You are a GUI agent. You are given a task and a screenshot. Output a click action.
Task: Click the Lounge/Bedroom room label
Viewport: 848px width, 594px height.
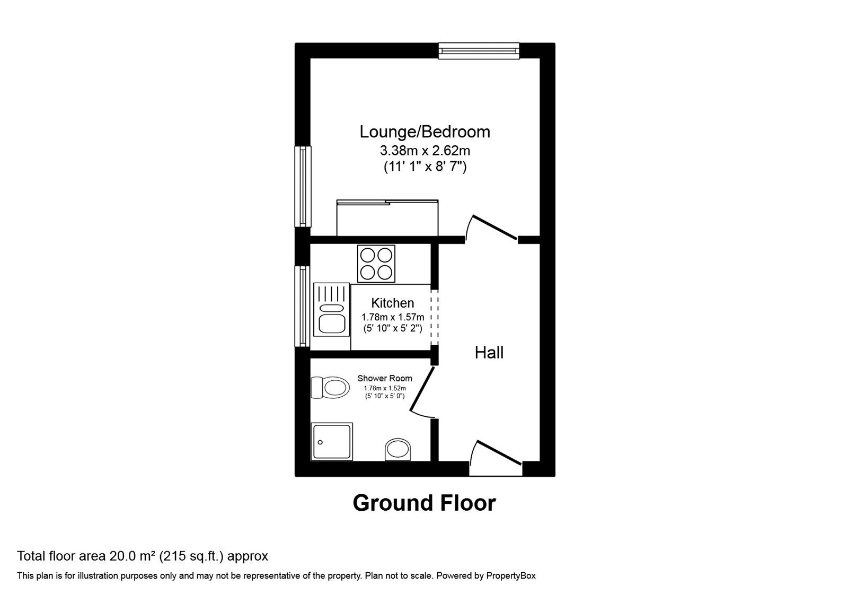click(x=425, y=132)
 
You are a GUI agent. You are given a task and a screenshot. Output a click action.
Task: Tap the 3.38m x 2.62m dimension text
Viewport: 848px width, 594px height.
click(x=425, y=151)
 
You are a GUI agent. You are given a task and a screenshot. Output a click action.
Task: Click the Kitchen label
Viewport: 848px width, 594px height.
click(x=392, y=303)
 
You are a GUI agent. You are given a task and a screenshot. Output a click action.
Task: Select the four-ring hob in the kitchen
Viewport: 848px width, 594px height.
click(x=376, y=264)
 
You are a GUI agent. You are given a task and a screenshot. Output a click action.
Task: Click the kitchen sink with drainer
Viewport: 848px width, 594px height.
click(x=331, y=309)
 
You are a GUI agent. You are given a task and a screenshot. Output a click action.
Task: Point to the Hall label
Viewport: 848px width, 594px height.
click(x=489, y=353)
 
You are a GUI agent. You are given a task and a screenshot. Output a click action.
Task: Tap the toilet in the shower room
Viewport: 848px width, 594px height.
click(x=330, y=387)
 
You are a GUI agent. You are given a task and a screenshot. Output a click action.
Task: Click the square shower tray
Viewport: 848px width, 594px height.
click(x=332, y=441)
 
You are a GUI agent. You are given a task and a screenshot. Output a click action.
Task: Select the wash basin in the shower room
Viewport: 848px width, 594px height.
click(x=397, y=449)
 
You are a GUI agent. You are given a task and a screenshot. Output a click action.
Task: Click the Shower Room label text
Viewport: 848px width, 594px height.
click(x=385, y=378)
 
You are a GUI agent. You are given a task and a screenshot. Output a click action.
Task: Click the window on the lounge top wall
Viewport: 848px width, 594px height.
click(x=479, y=50)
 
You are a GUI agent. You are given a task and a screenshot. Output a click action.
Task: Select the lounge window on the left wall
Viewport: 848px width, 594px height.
click(x=303, y=187)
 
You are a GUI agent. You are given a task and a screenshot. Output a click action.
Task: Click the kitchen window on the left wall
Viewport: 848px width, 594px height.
click(x=303, y=307)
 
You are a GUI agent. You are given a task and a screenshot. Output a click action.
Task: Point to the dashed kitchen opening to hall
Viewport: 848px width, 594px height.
click(x=434, y=317)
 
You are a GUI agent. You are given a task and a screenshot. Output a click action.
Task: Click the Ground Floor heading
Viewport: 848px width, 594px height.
click(x=424, y=503)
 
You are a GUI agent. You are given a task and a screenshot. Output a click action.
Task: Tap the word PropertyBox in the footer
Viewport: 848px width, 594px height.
click(x=511, y=575)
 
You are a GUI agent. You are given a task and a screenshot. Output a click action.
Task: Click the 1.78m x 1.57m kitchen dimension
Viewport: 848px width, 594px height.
click(x=393, y=317)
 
